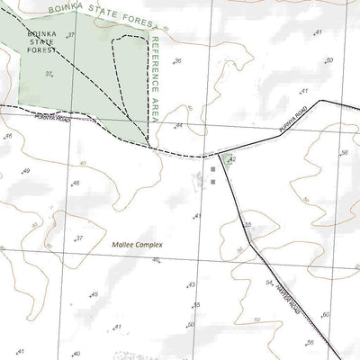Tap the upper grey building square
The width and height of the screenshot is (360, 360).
pos(213,168)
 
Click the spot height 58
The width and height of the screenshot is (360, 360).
pos(344,153)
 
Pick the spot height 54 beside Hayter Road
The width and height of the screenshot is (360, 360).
pos(268,283)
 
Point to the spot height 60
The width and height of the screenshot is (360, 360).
pos(326,314)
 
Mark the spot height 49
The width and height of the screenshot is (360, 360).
pos(26,171)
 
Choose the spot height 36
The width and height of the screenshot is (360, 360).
pos(178,61)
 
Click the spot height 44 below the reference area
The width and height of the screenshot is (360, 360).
pos(179,125)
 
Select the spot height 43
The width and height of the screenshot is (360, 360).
pos(191,284)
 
